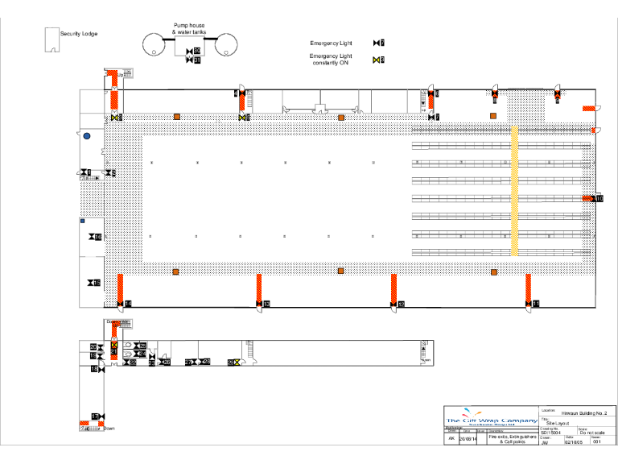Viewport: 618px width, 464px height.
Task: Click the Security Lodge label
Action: point(79,34)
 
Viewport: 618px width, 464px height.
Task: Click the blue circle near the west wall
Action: point(87,136)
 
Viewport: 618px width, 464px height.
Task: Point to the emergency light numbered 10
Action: point(598,198)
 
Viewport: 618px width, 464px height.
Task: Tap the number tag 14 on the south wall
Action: point(127,303)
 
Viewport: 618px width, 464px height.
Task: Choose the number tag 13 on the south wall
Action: point(266,304)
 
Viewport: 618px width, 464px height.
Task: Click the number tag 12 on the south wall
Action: point(401,304)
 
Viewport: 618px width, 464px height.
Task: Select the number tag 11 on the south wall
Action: point(536,303)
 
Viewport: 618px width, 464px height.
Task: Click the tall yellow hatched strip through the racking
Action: point(515,190)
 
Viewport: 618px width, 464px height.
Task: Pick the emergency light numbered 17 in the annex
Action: point(95,416)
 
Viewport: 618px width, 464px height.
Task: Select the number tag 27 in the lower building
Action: point(191,362)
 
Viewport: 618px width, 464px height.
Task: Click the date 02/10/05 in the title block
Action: point(572,442)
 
